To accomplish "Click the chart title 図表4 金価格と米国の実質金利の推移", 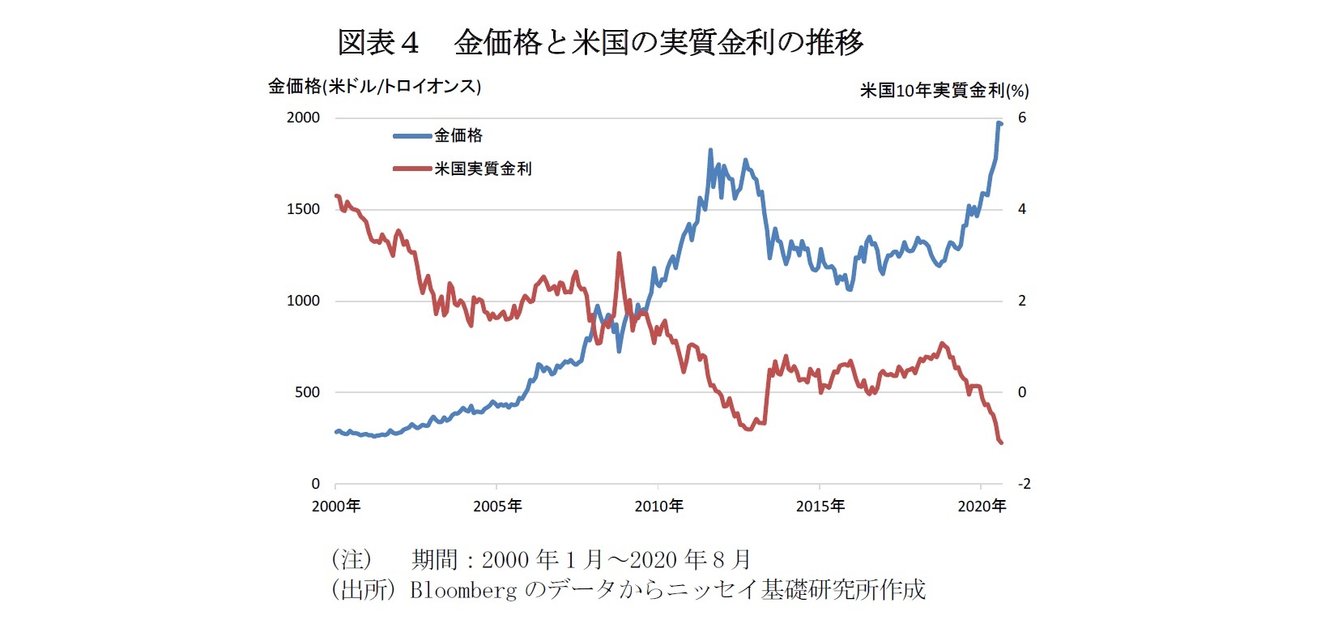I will click(600, 42).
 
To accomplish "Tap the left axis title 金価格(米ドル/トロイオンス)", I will click(374, 86).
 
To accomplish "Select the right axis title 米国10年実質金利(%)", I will click(944, 90).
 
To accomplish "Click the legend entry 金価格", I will click(458, 135).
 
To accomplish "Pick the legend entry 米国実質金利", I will click(483, 169).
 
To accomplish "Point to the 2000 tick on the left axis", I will click(303, 118).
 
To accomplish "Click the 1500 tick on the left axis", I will click(303, 209).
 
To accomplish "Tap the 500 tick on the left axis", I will click(306, 392).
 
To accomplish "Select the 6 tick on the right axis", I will click(1022, 118).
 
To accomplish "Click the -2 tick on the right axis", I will click(1024, 484).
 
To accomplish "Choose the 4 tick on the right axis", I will click(1022, 209).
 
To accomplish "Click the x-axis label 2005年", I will click(497, 506).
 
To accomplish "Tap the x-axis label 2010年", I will click(658, 506).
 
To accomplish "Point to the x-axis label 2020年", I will click(982, 506).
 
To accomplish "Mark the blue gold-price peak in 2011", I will click(710, 150).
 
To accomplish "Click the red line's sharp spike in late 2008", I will click(619, 254).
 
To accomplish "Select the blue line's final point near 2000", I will click(1001, 123).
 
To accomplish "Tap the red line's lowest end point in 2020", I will click(1001, 443).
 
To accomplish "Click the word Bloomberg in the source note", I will click(462, 589).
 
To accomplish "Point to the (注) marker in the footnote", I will click(351, 559).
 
